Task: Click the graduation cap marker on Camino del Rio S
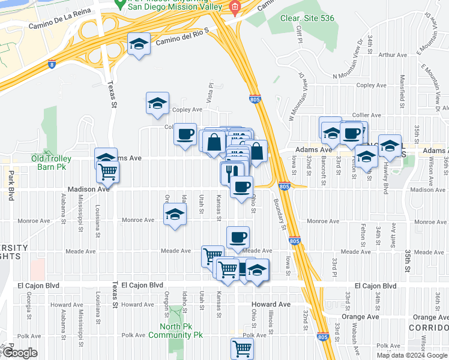(x=139, y=44)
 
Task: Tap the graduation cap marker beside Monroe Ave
(x=175, y=215)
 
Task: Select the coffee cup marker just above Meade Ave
(x=238, y=236)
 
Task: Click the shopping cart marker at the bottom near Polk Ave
(x=242, y=347)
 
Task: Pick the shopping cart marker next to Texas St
(x=107, y=172)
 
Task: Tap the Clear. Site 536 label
(x=307, y=18)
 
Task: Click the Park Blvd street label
(x=11, y=186)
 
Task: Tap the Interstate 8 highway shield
(x=52, y=63)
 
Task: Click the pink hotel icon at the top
(x=235, y=7)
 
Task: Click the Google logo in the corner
(x=20, y=353)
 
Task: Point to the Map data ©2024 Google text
(x=412, y=355)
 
